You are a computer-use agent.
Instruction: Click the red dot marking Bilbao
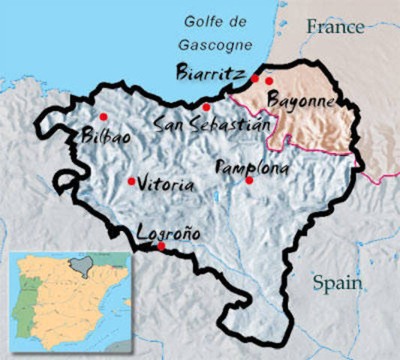103,116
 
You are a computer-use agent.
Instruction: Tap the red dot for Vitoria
131,181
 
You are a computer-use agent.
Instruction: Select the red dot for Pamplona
249,180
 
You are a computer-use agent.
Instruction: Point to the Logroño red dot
161,246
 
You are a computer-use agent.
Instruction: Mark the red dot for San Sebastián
206,107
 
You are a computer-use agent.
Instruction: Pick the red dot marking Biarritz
255,79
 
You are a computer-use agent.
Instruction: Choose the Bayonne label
301,100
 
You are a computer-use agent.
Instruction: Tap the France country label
335,28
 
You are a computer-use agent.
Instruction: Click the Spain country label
338,283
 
